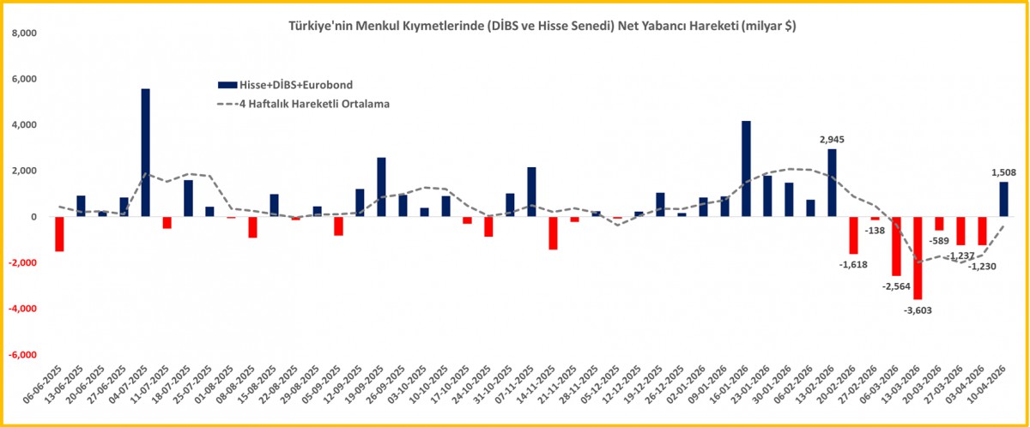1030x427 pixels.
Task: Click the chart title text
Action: (x=542, y=27)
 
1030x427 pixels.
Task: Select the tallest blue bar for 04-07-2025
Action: (x=146, y=153)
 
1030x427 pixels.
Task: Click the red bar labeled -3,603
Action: (x=918, y=257)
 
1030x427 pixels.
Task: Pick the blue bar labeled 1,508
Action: (x=1003, y=199)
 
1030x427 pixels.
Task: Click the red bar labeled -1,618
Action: (x=853, y=235)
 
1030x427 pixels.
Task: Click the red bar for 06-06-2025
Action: (x=59, y=234)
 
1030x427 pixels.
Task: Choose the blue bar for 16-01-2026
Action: (x=746, y=169)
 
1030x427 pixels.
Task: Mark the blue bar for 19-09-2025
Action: (x=381, y=187)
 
